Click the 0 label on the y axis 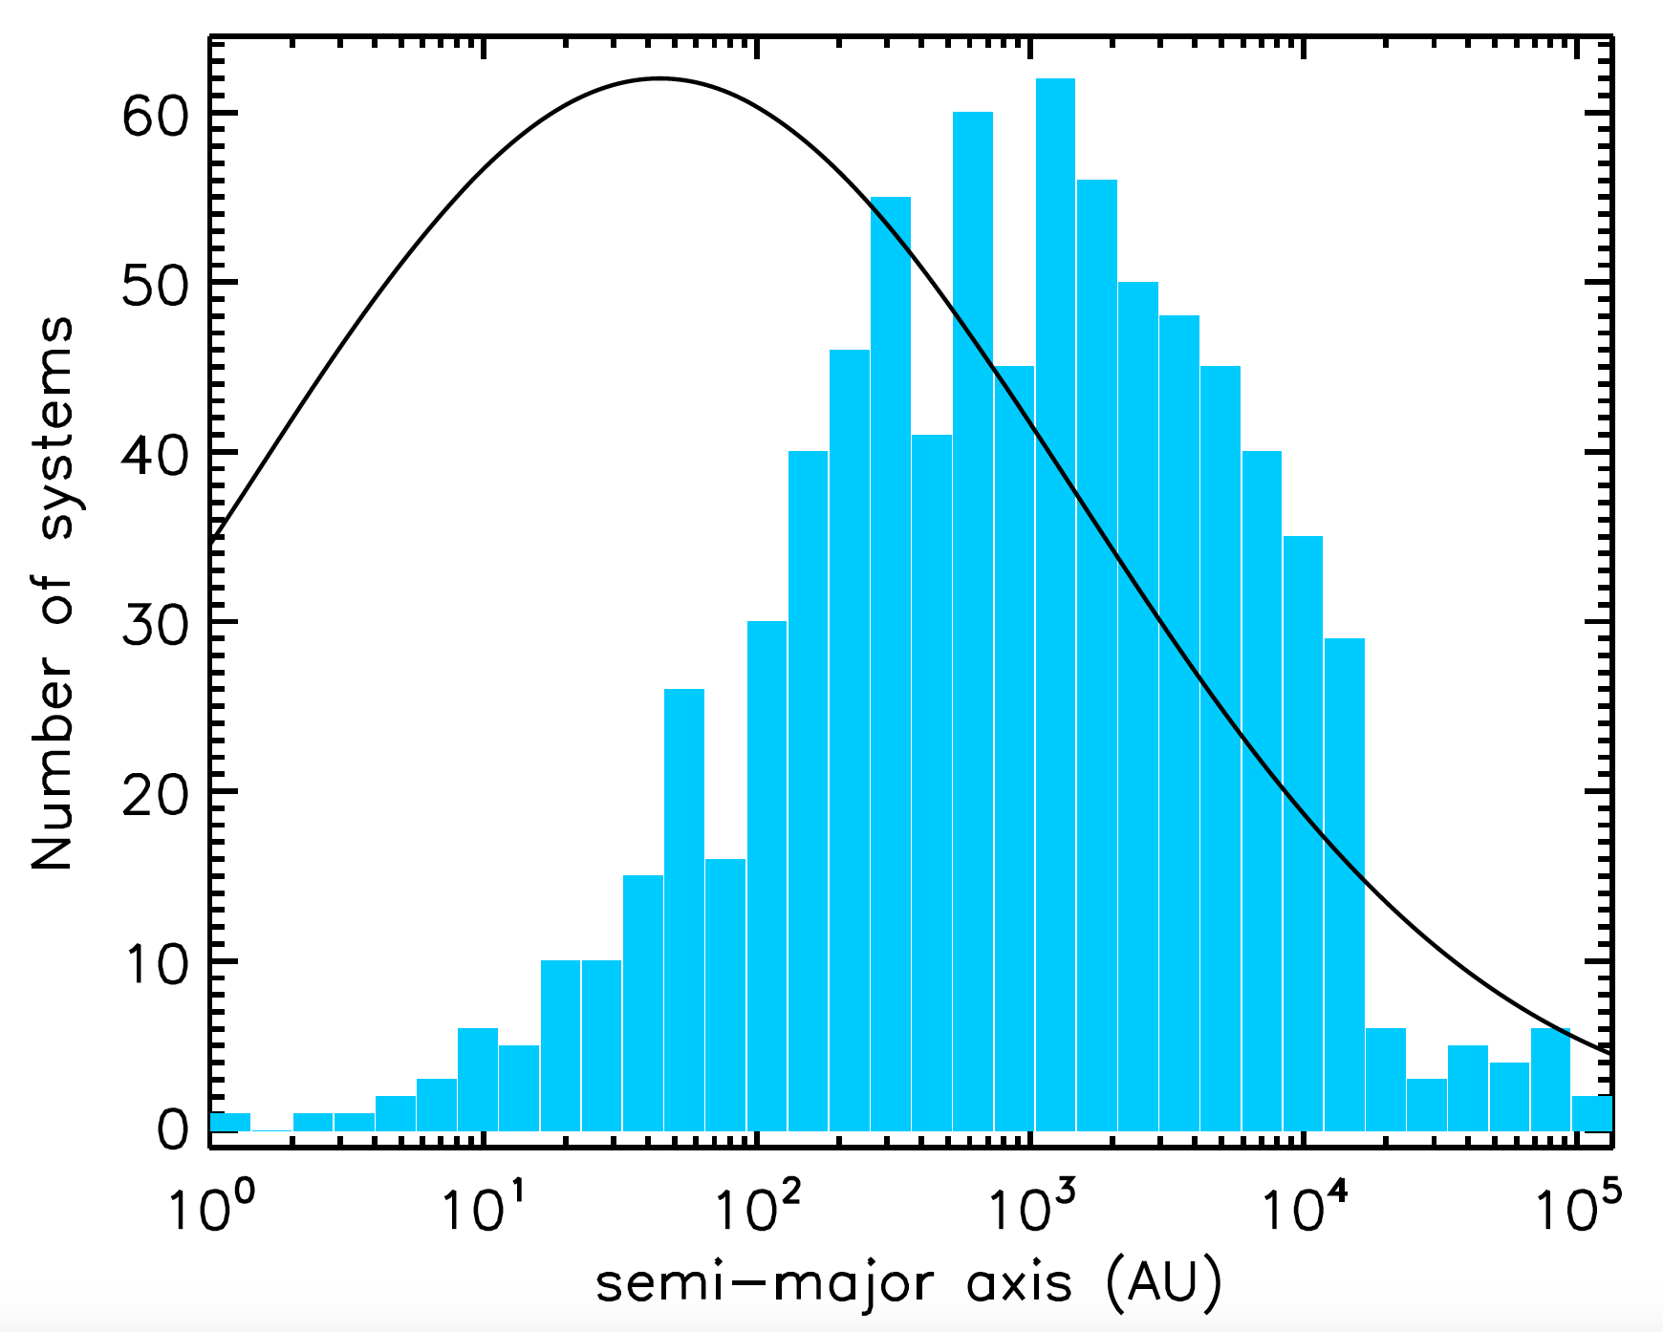[174, 1131]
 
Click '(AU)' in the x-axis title [1162, 1282]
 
